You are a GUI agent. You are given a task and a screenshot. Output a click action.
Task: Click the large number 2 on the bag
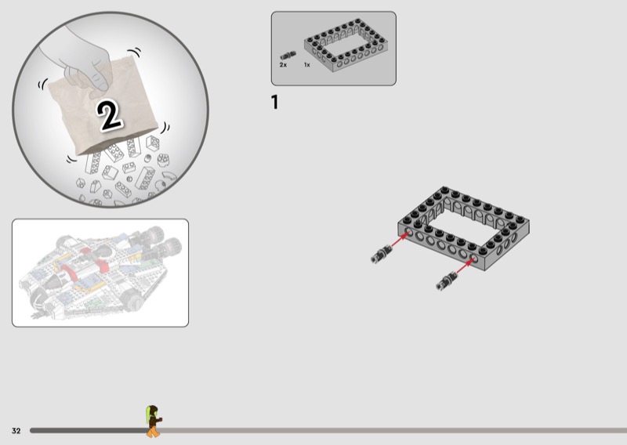click(x=109, y=114)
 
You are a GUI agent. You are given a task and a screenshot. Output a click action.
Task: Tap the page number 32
click(x=16, y=431)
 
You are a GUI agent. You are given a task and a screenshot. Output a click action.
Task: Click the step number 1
click(x=274, y=103)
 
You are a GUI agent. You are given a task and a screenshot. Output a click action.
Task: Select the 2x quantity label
click(x=283, y=65)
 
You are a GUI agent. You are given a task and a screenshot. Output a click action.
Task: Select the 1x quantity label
click(x=306, y=65)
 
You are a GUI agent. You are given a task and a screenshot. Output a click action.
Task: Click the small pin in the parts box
click(x=288, y=55)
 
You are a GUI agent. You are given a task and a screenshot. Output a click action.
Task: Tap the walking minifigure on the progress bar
click(x=154, y=421)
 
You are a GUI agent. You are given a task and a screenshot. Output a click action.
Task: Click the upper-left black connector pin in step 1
click(x=381, y=254)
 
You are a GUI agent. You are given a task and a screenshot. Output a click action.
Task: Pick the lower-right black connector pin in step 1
click(x=447, y=280)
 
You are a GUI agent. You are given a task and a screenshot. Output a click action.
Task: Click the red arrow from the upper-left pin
click(x=400, y=241)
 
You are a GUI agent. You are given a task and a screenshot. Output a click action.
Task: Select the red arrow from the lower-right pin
click(x=466, y=266)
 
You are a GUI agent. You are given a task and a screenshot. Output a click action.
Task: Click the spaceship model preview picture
click(x=100, y=273)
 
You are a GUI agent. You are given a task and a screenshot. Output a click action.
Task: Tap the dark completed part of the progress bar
click(x=89, y=431)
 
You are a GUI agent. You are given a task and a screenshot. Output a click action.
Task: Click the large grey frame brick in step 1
click(x=464, y=228)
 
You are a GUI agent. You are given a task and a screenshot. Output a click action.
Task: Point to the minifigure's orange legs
click(x=153, y=432)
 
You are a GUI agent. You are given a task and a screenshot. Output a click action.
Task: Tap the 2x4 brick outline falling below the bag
click(x=145, y=178)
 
